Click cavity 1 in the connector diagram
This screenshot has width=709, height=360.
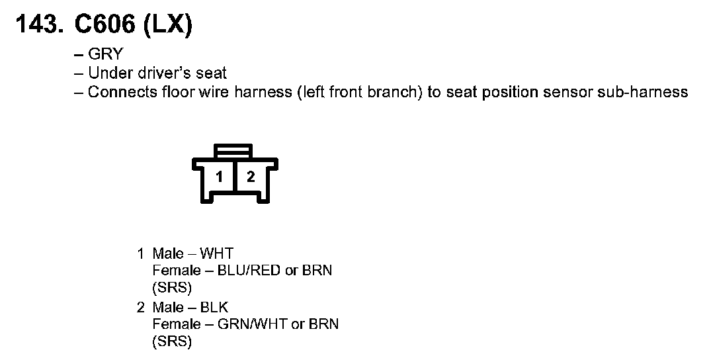[220, 177]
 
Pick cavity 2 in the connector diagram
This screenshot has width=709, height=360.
[251, 177]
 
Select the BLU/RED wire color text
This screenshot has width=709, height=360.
[253, 271]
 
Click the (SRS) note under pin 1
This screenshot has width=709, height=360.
[171, 288]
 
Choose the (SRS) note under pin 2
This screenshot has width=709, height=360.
[171, 341]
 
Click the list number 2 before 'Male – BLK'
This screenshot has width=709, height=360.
[140, 307]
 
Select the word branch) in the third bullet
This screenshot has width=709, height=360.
[399, 92]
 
